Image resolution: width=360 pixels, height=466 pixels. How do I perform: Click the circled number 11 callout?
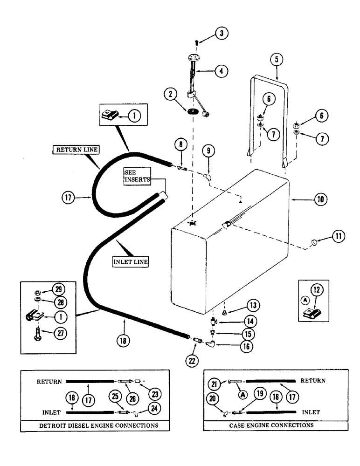click(x=338, y=237)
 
